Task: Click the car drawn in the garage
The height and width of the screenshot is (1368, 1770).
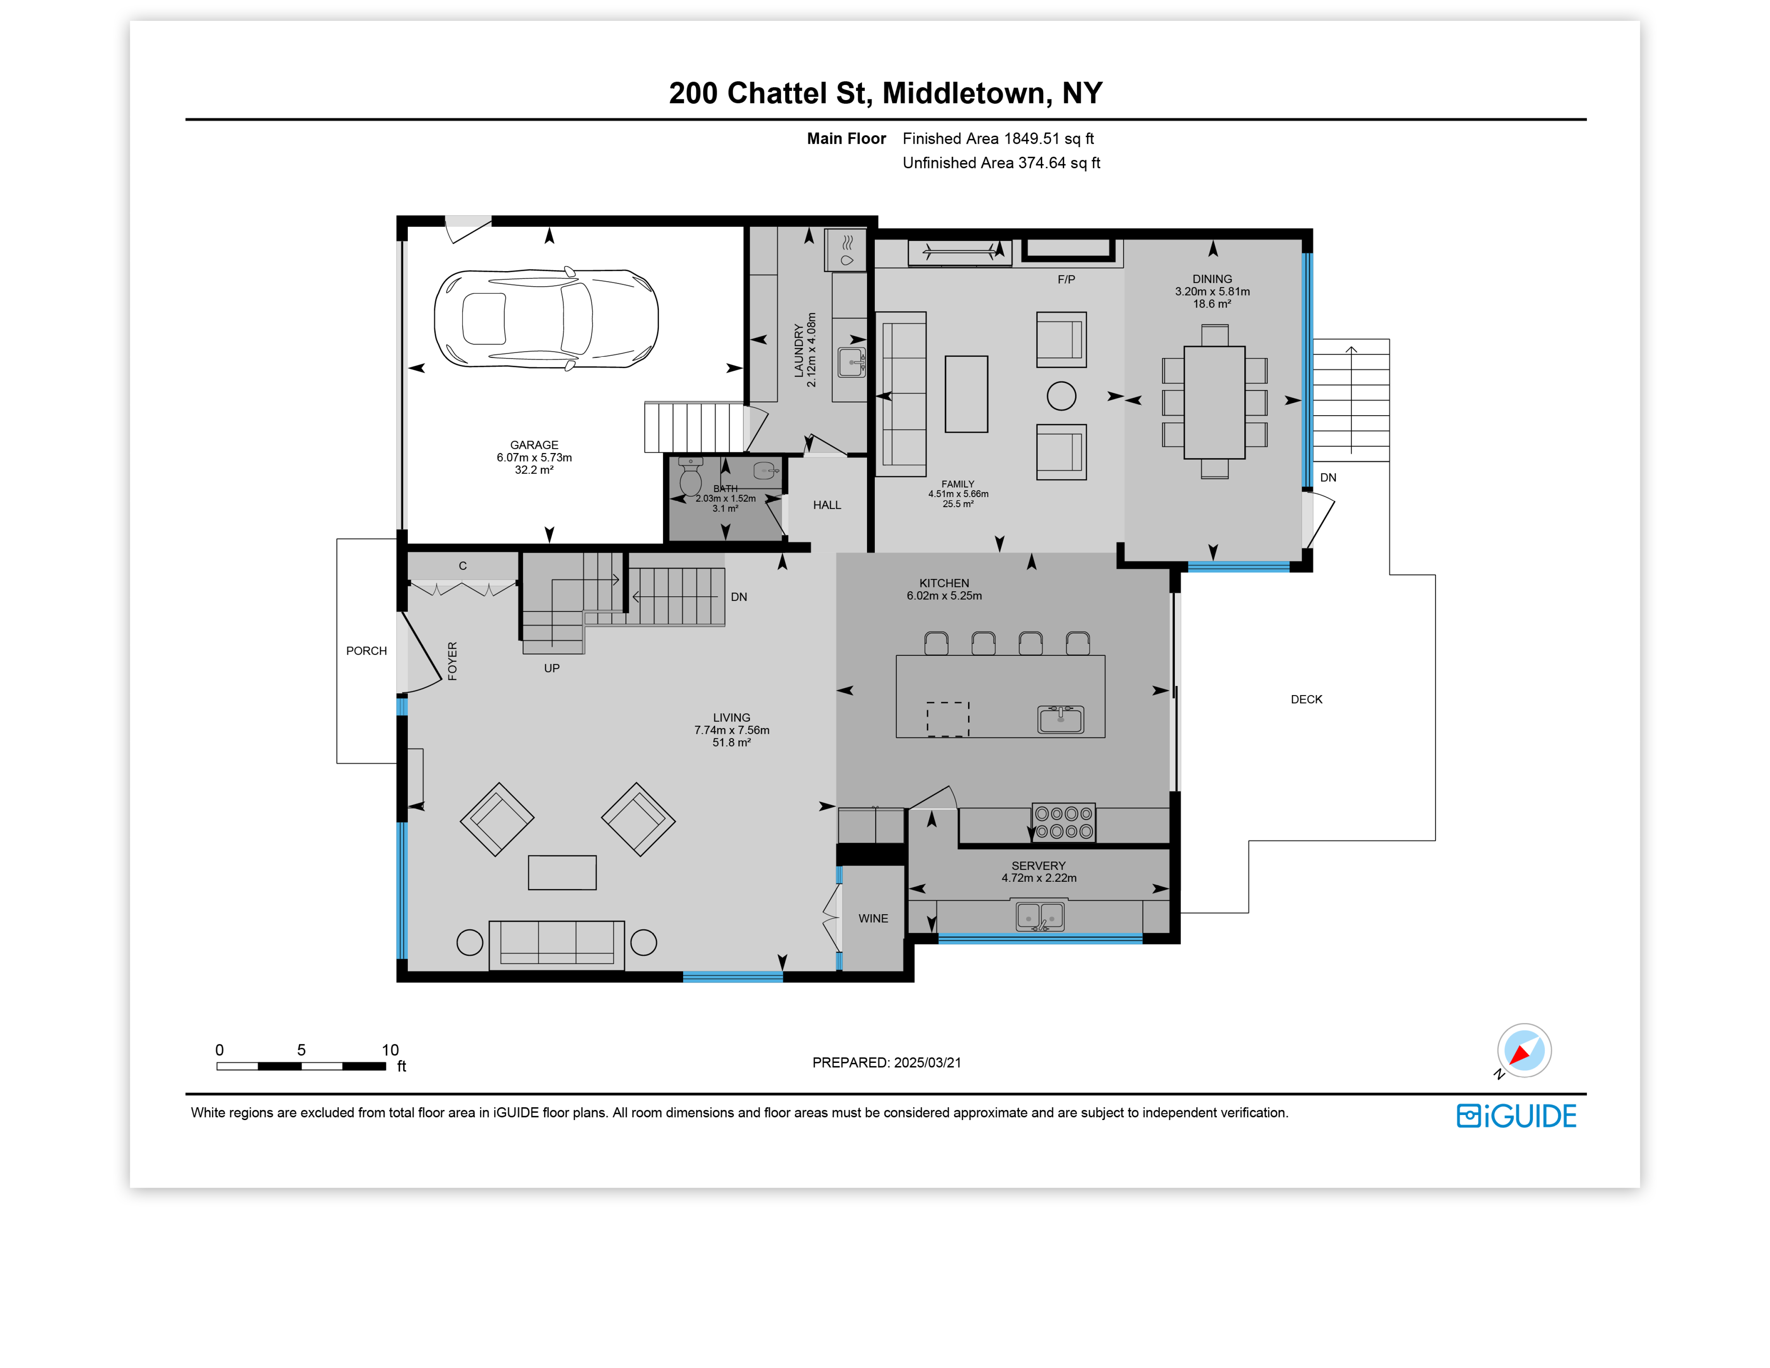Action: pos(546,319)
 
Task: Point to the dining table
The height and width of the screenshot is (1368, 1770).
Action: pos(1214,402)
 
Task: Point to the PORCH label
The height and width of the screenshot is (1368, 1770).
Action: pos(366,651)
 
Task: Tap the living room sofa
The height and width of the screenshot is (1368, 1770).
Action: pos(557,944)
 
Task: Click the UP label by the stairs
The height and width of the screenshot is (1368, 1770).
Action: pos(552,669)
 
